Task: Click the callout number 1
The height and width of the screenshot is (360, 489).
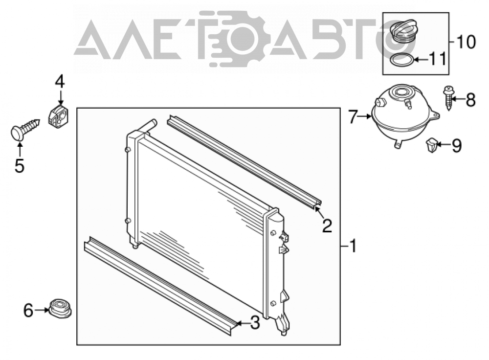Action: point(353,246)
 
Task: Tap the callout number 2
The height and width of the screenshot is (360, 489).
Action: point(327,225)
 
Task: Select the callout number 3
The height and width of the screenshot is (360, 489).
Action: point(255,322)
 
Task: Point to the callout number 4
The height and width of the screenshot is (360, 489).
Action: point(60,82)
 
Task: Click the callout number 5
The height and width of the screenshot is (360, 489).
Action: point(20,166)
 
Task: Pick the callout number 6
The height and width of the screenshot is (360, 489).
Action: point(28,311)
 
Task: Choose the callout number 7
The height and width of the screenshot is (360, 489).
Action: point(353,117)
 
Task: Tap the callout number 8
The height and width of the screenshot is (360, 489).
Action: point(470,100)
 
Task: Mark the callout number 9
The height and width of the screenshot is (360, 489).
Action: point(457,145)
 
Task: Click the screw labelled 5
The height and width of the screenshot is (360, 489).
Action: point(25,129)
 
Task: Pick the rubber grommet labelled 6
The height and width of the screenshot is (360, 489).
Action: point(60,309)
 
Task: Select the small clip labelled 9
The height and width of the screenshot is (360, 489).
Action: point(431,145)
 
